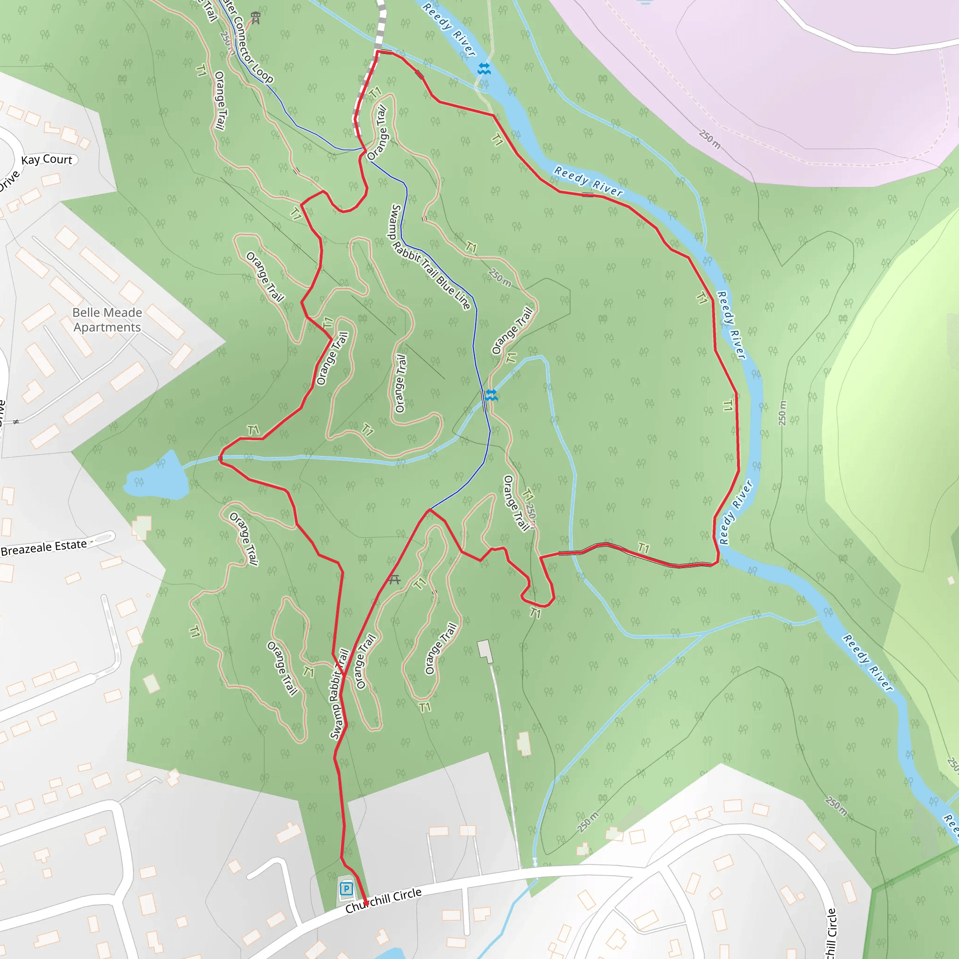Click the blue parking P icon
click(346, 888)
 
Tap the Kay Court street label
click(47, 160)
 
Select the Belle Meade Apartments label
click(107, 320)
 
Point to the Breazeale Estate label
click(44, 547)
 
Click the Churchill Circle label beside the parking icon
click(383, 900)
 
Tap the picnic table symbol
click(394, 579)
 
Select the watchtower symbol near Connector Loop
click(256, 18)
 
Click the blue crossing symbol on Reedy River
click(484, 68)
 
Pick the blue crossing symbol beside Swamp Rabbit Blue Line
click(491, 395)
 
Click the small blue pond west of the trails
click(158, 478)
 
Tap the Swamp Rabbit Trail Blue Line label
click(430, 257)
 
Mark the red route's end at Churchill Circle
click(366, 903)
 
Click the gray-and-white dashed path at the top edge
click(381, 20)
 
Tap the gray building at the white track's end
click(485, 651)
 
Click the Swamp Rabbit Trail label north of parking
click(339, 694)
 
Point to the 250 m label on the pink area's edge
click(709, 139)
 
